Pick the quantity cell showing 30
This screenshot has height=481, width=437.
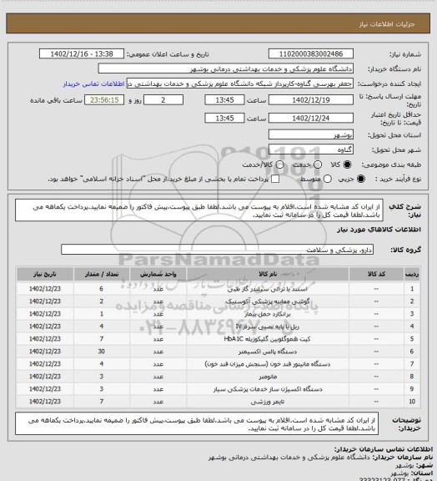click(102, 353)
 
